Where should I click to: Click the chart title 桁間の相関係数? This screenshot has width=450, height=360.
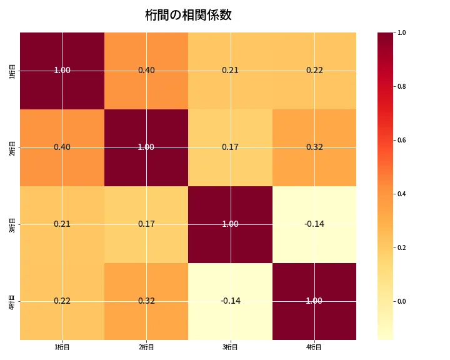pos(188,15)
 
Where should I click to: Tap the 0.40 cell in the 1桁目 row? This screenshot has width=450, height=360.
pos(146,71)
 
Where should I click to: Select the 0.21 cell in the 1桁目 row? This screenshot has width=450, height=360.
pos(230,71)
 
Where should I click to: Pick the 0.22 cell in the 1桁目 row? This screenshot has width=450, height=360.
pos(314,71)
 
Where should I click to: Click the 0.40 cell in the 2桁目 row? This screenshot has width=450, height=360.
pos(62,147)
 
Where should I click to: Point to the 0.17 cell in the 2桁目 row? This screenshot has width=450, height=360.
pos(230,147)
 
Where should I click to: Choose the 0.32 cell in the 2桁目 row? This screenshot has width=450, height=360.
pos(314,147)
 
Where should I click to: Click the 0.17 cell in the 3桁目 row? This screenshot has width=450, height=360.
pos(146,224)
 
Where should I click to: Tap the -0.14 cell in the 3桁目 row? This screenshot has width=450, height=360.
pos(314,224)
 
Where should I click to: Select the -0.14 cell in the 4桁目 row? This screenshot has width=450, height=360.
pos(230,301)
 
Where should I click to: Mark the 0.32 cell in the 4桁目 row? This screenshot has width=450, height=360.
pos(146,301)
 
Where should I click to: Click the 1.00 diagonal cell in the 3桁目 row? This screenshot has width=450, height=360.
pos(230,224)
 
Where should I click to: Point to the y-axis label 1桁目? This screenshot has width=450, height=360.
pos(12,71)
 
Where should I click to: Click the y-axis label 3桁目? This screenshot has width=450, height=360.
pos(12,224)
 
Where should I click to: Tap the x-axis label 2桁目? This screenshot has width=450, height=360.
pos(146,347)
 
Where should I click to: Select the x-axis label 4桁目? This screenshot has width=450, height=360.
pos(314,347)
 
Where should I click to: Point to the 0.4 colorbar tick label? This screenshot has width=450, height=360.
pos(402,194)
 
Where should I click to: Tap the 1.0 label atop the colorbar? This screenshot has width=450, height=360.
pos(402,32)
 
